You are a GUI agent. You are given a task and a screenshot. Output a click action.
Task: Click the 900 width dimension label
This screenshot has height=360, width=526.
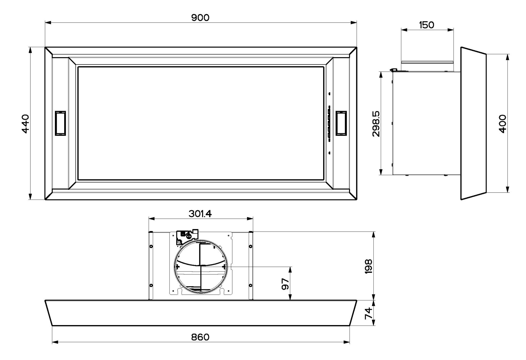point(200,18)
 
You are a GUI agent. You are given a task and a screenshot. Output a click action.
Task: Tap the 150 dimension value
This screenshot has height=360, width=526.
point(427,25)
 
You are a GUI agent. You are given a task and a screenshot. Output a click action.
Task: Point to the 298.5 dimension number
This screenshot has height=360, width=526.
point(376,124)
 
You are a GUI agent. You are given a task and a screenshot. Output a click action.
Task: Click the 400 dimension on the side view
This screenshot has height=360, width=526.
point(502,124)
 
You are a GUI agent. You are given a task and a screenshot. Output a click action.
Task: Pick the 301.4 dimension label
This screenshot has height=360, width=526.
point(200,214)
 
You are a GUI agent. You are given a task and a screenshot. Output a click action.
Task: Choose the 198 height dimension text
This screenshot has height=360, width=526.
point(368,266)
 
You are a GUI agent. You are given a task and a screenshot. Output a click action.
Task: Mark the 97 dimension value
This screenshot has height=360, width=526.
point(285,284)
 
